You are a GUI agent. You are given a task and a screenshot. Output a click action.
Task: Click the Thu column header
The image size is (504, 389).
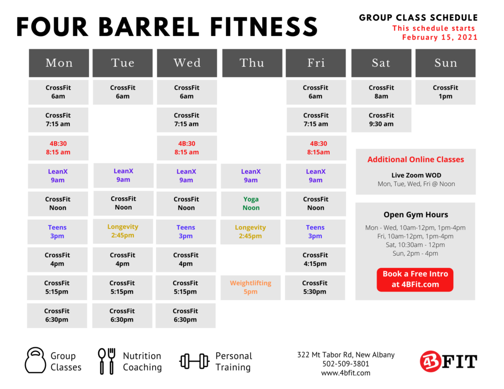pyautogui.click(x=252, y=63)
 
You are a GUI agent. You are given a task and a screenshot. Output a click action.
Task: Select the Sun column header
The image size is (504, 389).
pyautogui.click(x=445, y=63)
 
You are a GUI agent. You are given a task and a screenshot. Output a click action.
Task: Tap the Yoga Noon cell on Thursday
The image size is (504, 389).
pyautogui.click(x=251, y=204)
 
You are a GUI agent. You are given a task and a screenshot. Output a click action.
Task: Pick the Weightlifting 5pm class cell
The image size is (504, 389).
pyautogui.click(x=251, y=288)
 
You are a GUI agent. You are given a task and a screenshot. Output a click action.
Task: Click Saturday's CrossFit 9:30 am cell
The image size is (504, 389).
pyautogui.click(x=381, y=120)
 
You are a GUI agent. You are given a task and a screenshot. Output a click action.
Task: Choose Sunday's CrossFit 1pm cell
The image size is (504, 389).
pyautogui.click(x=445, y=92)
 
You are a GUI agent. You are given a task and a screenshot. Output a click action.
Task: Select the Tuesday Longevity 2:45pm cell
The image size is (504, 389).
pyautogui.click(x=123, y=231)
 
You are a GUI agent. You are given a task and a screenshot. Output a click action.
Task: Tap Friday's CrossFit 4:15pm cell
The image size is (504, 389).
pyautogui.click(x=315, y=260)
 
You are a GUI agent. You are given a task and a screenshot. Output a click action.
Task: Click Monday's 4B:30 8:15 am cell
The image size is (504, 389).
pyautogui.click(x=58, y=148)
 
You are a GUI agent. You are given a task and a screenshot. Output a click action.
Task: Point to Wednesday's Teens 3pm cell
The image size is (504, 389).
pyautogui.click(x=186, y=232)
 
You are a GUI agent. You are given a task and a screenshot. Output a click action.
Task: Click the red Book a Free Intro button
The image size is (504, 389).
pyautogui.click(x=415, y=279)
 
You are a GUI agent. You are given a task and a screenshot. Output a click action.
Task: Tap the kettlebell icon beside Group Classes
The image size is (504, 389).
pyautogui.click(x=35, y=360)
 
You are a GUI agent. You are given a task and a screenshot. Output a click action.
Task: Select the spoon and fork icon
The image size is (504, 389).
pyautogui.click(x=106, y=361)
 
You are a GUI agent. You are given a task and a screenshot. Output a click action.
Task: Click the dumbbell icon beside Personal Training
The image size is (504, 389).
pyautogui.click(x=194, y=361)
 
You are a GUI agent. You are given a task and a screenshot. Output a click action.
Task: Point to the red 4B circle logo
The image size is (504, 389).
pyautogui.click(x=430, y=361)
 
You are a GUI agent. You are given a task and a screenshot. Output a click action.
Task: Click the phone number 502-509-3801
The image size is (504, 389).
pyautogui.click(x=346, y=363)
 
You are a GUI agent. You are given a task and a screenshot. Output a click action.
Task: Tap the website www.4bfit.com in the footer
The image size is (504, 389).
pyautogui.click(x=346, y=373)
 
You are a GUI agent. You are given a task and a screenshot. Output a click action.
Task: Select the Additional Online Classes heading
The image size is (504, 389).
pyautogui.click(x=415, y=160)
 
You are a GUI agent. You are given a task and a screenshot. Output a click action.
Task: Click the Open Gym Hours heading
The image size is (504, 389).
pyautogui.click(x=415, y=214)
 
